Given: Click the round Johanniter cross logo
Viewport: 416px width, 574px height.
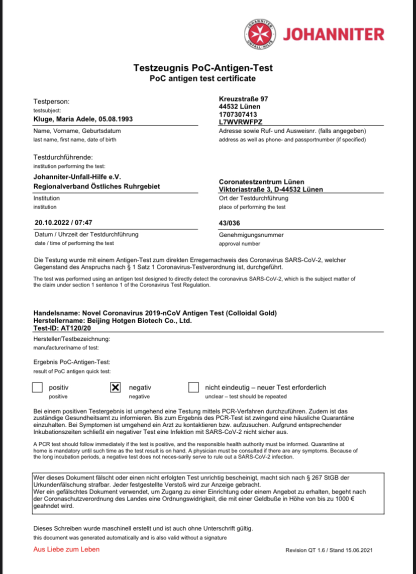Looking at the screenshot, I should coord(260,34).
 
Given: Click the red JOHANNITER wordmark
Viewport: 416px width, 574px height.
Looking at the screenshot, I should coord(333,34).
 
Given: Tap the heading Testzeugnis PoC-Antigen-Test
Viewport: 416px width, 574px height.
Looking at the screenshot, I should coord(203,67).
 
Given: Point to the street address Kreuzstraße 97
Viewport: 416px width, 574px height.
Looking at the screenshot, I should coord(244,99).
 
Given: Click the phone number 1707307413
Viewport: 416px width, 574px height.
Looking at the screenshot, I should coord(238,114).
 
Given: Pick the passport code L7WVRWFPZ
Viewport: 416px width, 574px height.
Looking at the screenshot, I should coord(241,122).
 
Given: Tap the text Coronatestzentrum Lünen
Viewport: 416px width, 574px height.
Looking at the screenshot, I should coord(261,181).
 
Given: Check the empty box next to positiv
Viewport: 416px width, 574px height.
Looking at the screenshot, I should coord(37,388).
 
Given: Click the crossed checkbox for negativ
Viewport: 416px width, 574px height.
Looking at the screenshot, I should coord(115,388).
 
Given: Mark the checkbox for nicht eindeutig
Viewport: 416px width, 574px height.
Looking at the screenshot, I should coord(193,388).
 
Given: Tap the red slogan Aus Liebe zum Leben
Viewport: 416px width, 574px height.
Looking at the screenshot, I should coord(66,549).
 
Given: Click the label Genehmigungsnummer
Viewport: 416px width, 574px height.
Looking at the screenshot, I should coord(251,235).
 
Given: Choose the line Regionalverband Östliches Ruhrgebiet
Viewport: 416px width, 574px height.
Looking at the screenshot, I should coord(96,186).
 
